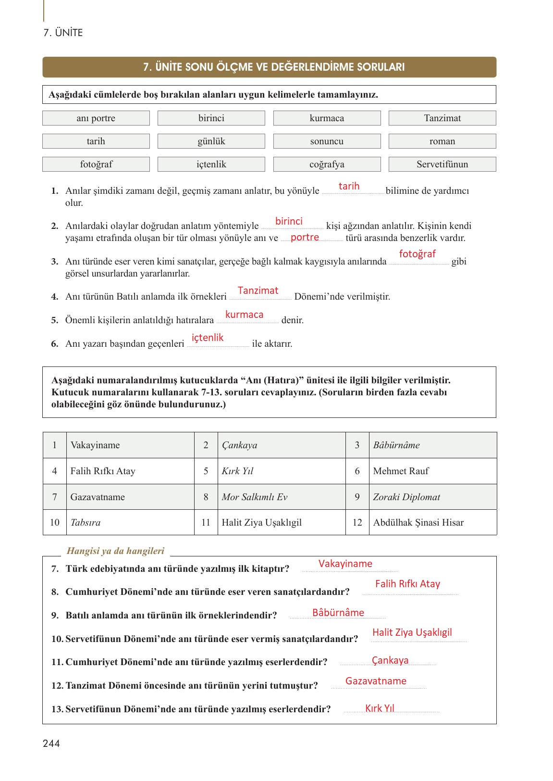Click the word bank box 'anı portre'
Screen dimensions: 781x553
[x=96, y=118]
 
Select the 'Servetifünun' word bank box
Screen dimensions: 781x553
[x=442, y=164]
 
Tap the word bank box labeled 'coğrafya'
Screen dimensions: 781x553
[x=327, y=164]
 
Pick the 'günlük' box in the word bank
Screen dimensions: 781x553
[x=211, y=141]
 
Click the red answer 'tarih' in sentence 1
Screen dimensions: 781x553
[x=349, y=186]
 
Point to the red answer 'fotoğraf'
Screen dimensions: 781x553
[x=417, y=254]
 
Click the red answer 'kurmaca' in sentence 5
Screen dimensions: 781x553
[x=244, y=315]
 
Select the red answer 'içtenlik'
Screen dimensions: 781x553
[x=208, y=338]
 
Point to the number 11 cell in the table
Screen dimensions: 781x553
[x=206, y=523]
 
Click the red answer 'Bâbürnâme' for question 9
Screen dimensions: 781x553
[x=338, y=613]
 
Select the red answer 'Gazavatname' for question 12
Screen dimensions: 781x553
[x=376, y=681]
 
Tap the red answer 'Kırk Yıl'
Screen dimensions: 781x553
[x=380, y=708]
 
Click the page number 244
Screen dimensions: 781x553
[x=51, y=744]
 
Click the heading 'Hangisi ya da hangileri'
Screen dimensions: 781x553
[x=115, y=551]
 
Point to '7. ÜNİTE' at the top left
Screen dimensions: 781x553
[x=63, y=33]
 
